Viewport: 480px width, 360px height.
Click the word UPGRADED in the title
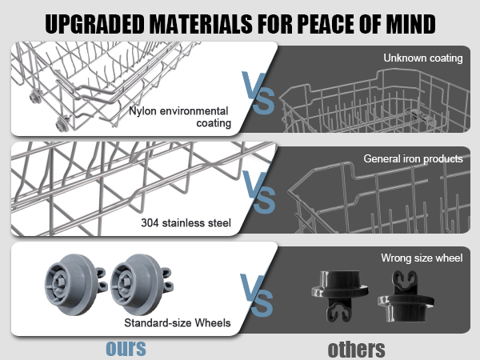(94, 24)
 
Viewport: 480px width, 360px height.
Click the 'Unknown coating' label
(423, 58)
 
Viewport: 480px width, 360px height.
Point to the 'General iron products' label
(413, 158)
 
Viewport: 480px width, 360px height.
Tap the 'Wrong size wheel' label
(422, 258)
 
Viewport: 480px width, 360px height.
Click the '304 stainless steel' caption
(186, 222)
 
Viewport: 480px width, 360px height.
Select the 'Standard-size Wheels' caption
(178, 322)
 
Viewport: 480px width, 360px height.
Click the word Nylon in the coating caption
(142, 111)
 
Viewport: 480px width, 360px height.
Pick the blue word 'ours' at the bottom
(126, 348)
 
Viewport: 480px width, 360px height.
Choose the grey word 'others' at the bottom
(356, 349)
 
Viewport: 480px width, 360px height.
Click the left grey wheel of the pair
(75, 284)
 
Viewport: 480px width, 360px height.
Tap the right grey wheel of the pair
(141, 284)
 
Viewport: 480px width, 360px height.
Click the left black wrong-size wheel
(340, 296)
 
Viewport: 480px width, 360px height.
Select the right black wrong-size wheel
(406, 296)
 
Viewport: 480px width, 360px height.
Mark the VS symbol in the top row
(258, 93)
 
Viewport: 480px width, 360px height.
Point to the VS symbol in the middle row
(259, 192)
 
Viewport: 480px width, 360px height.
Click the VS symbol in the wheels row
(257, 295)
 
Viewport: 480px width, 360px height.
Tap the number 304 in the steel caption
(150, 222)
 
